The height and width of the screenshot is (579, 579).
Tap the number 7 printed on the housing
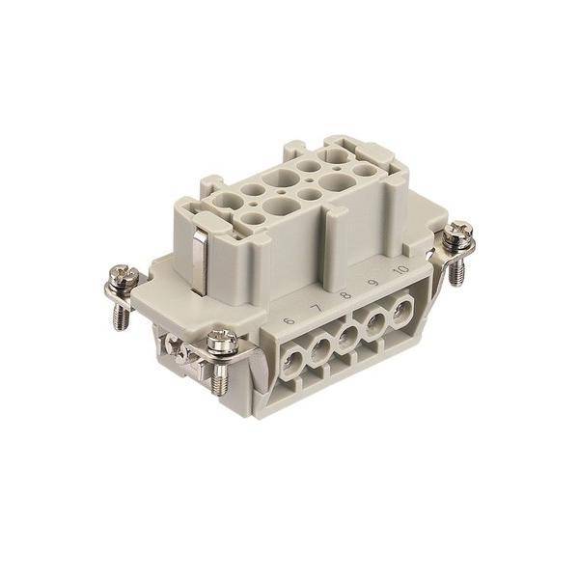(317, 309)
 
